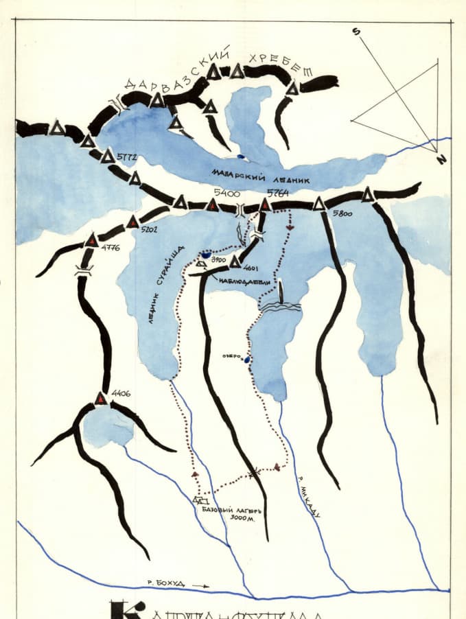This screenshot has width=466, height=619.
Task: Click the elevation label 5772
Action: tap(128, 157)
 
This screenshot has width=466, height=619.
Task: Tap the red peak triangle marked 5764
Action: tap(265, 204)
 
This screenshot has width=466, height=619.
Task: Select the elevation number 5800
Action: tap(342, 214)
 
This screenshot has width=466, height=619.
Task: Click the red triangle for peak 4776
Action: tap(92, 240)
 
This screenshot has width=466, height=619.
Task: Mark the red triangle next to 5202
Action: tap(133, 222)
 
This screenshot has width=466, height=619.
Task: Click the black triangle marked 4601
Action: tap(235, 262)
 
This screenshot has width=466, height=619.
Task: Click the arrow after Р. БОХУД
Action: tap(200, 585)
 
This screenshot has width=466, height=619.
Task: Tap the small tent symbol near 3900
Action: tap(201, 263)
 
